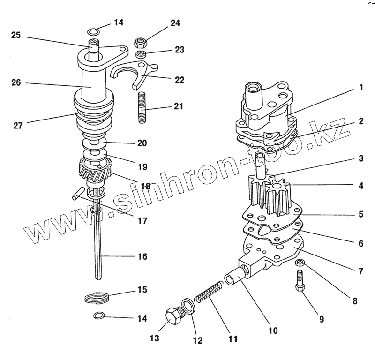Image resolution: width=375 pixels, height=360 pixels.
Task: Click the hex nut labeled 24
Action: pos(140,43)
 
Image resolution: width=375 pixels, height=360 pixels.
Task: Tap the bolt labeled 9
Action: pos(300,281)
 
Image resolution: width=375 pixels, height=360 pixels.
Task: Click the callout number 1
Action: pos(361,87)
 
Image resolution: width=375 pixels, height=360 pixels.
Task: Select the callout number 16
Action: pos(142,256)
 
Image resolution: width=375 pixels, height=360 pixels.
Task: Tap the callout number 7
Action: pos(361,271)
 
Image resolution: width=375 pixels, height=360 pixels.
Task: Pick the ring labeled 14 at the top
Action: pos(94,32)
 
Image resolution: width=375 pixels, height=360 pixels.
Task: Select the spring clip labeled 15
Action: pos(97,297)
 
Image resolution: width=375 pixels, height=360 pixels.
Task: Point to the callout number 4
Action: pos(361,186)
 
